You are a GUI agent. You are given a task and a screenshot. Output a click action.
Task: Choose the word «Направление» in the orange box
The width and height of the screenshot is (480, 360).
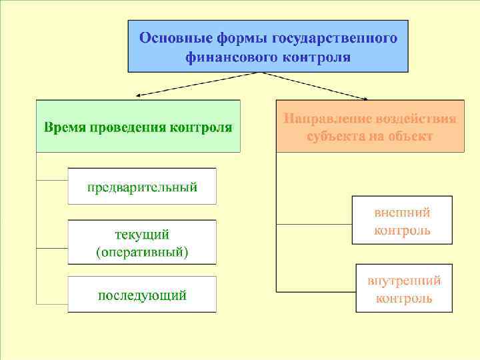coord(326,119)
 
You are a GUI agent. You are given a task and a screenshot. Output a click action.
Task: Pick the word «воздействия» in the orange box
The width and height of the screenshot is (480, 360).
coord(415,119)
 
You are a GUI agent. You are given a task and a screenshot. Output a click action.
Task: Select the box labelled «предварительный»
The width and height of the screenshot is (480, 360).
coord(142,186)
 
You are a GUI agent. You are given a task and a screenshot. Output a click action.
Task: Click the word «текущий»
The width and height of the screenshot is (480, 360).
coord(142,235)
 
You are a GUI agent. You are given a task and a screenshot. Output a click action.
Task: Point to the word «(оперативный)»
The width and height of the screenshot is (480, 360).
coord(142,252)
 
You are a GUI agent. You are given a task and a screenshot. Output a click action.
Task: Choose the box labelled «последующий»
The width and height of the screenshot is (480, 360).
coord(142,295)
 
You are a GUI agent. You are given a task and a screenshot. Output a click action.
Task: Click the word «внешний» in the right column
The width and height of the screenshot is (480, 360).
coord(402,213)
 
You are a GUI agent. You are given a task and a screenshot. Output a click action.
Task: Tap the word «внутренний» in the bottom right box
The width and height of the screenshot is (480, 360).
coord(403,281)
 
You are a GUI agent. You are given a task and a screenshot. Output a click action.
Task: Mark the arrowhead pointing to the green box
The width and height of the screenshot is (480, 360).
coord(137,96)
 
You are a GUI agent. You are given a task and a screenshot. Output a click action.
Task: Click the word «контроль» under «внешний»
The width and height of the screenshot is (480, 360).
coord(402,231)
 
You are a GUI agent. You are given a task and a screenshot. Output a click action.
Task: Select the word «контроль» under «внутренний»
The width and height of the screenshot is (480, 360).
coord(403,298)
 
